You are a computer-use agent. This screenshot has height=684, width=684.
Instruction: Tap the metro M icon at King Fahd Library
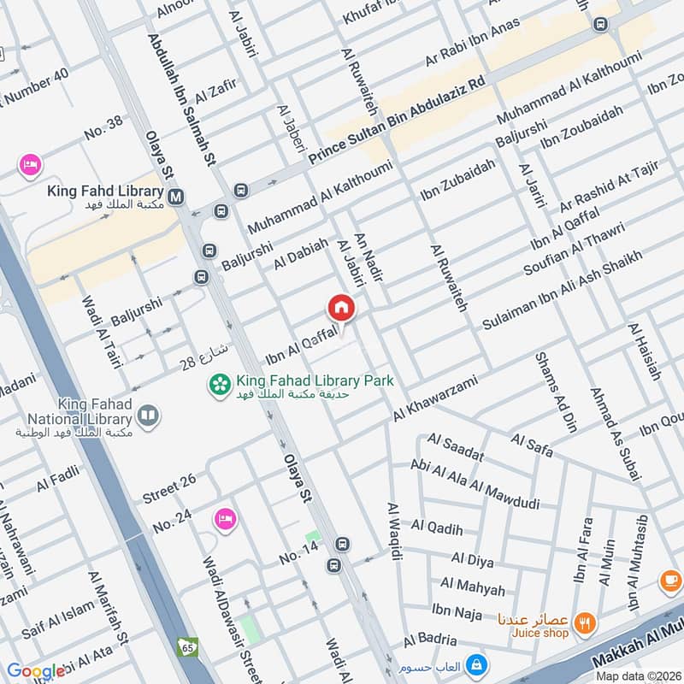point(177,198)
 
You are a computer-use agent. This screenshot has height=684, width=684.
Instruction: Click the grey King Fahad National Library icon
point(148,416)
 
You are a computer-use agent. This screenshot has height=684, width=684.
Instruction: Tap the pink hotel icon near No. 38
point(30,164)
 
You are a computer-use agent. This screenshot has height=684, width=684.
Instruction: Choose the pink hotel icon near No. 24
point(225,518)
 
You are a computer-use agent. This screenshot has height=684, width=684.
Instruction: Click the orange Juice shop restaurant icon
point(586,622)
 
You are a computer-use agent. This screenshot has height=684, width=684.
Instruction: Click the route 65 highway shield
point(187,646)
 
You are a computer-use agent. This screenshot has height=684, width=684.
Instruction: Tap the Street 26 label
point(169,488)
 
